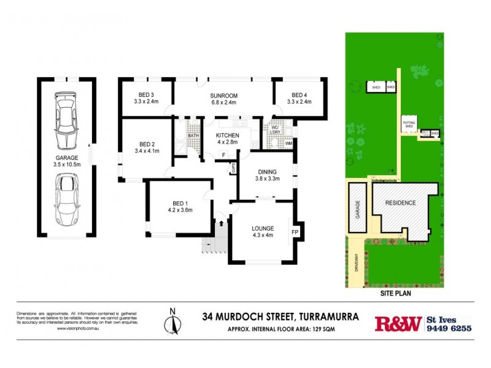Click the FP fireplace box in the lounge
(x=295, y=232)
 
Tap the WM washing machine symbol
(x=288, y=144)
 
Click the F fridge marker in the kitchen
(x=223, y=154)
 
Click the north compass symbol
(x=172, y=321)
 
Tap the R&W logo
(x=398, y=323)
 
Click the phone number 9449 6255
(x=449, y=328)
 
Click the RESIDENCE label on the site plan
(x=400, y=202)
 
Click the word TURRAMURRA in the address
(x=328, y=317)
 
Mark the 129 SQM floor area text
(x=323, y=329)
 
